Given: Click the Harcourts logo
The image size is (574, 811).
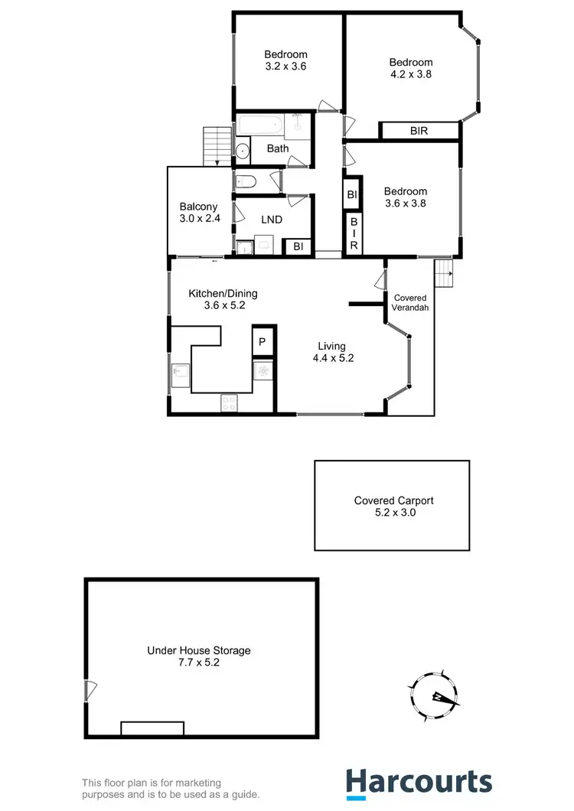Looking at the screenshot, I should click(418, 782).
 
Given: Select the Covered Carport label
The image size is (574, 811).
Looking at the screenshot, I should click(393, 506).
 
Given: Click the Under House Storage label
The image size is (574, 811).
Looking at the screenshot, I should click(199, 656).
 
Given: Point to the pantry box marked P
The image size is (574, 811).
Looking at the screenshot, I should click(262, 342).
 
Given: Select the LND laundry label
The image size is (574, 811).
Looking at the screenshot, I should click(271, 220).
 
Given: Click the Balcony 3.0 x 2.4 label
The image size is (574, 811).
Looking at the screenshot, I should click(198, 212).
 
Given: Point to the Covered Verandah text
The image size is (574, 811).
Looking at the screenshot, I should click(411, 302).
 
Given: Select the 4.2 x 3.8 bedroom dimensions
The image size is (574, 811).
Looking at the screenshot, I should click(410, 75).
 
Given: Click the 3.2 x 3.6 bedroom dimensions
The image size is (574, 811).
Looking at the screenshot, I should click(285, 67).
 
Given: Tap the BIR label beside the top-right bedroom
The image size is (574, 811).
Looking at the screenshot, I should click(419, 131).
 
